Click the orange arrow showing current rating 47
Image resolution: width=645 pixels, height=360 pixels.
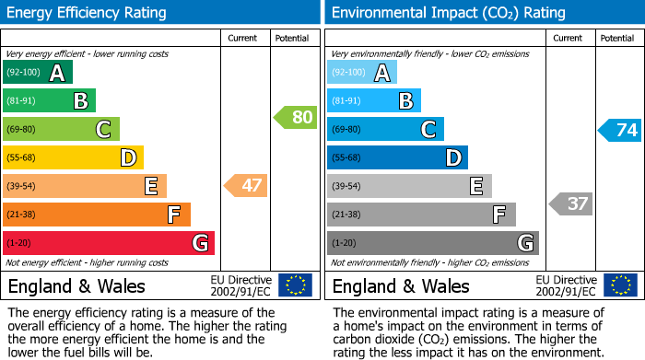pyautogui.click(x=246, y=186)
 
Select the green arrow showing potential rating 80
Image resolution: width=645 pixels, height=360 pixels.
pyautogui.click(x=295, y=118)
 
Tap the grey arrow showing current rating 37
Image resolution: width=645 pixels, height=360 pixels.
pyautogui.click(x=570, y=203)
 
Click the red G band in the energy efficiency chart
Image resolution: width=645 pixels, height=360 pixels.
pyautogui.click(x=109, y=243)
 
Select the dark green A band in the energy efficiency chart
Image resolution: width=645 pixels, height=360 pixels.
pyautogui.click(x=38, y=73)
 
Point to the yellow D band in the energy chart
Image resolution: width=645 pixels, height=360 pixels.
pyautogui.click(x=73, y=158)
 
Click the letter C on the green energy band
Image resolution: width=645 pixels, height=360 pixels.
pyautogui.click(x=104, y=130)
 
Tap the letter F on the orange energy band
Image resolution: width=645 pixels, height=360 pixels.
pyautogui.click(x=173, y=215)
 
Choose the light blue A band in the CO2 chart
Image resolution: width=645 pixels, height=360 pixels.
pyautogui.click(x=362, y=73)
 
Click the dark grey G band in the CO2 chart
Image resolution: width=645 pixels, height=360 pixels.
pyautogui.click(x=432, y=243)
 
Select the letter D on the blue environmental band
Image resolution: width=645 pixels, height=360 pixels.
pyautogui.click(x=452, y=158)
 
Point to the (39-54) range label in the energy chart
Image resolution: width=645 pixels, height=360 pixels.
pyautogui.click(x=21, y=187)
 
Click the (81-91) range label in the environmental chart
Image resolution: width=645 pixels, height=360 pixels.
pyautogui.click(x=346, y=101)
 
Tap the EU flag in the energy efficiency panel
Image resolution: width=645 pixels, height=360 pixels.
pyautogui.click(x=295, y=285)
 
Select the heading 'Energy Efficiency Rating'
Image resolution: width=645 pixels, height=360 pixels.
pyautogui.click(x=88, y=13)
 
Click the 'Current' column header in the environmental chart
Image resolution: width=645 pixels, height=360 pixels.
pyautogui.click(x=569, y=38)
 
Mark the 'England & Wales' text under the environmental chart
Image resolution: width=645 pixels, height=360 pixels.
pyautogui.click(x=400, y=285)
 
